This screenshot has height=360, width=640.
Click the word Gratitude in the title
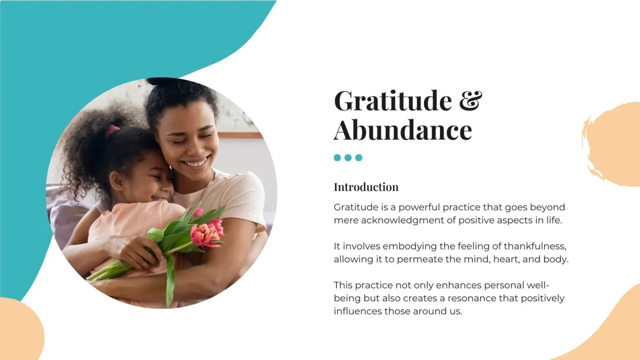[393, 100]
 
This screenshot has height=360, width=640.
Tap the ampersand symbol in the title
[470, 100]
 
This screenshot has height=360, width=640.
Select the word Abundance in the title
[403, 130]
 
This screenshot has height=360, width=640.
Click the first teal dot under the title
[338, 158]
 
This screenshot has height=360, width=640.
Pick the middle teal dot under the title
[348, 158]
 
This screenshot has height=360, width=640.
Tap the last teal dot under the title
[359, 158]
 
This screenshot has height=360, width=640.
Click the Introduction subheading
[366, 187]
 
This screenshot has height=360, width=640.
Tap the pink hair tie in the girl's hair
[112, 131]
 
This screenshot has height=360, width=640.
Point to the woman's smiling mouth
[196, 163]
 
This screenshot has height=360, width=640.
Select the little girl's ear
[116, 181]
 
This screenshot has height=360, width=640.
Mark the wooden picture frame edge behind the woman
[241, 135]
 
